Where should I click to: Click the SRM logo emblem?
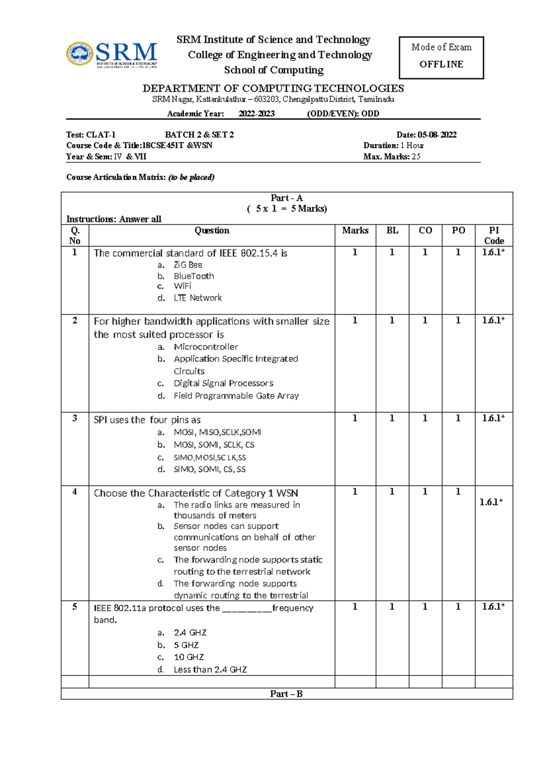pos(80,54)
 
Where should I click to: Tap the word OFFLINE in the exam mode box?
pos(441,64)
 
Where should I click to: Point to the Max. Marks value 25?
pos(416,156)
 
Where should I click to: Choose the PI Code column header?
pos(494,235)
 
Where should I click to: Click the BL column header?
pos(392,231)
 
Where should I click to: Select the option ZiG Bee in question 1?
pos(188,265)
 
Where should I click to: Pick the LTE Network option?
pos(197,298)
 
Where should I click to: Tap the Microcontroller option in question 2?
pos(206,347)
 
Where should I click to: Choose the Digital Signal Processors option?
pos(223,383)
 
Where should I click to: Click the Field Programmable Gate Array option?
pos(236,396)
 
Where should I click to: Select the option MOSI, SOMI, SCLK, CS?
pos(214,445)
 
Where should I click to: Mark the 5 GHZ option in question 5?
pos(186,645)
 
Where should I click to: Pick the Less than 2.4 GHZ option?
pos(210,670)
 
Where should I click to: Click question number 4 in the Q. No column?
pos(75,492)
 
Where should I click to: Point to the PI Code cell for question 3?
pos(493,418)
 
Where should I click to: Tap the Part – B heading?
pos(286,694)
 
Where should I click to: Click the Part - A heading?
pos(286,198)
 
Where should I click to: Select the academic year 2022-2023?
pos(256,113)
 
